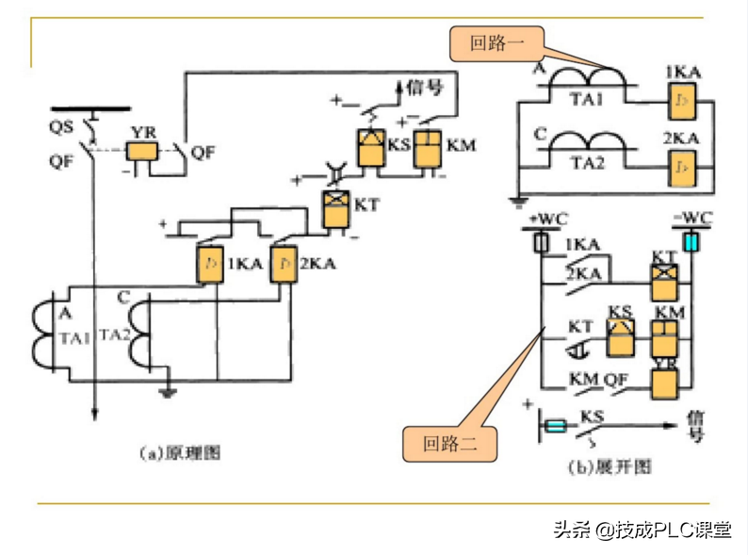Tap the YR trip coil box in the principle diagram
click(142, 150)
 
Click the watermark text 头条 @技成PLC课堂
click(641, 531)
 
